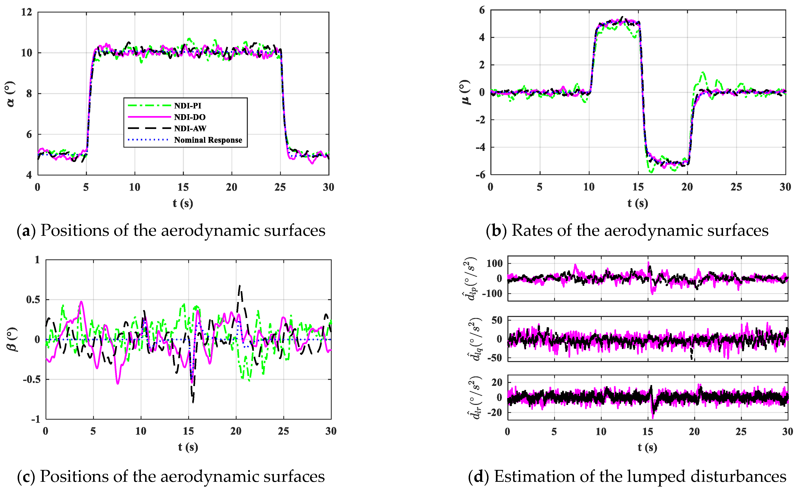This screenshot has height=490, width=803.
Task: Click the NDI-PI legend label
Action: point(188,106)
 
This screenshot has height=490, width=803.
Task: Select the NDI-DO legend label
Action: point(190,117)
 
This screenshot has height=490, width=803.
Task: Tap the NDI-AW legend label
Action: point(190,129)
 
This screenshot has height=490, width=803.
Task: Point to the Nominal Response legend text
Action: point(208,140)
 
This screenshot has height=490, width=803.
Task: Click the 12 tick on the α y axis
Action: point(27,12)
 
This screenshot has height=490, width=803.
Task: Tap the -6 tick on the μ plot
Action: point(480,175)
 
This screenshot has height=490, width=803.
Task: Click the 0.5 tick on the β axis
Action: point(33,300)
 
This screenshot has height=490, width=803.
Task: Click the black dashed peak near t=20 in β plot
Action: point(239,286)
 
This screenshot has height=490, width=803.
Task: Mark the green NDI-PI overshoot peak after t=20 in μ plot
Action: point(703,72)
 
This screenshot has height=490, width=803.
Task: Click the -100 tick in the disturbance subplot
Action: point(492,293)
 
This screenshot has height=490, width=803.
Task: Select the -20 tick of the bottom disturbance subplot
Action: point(495,413)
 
